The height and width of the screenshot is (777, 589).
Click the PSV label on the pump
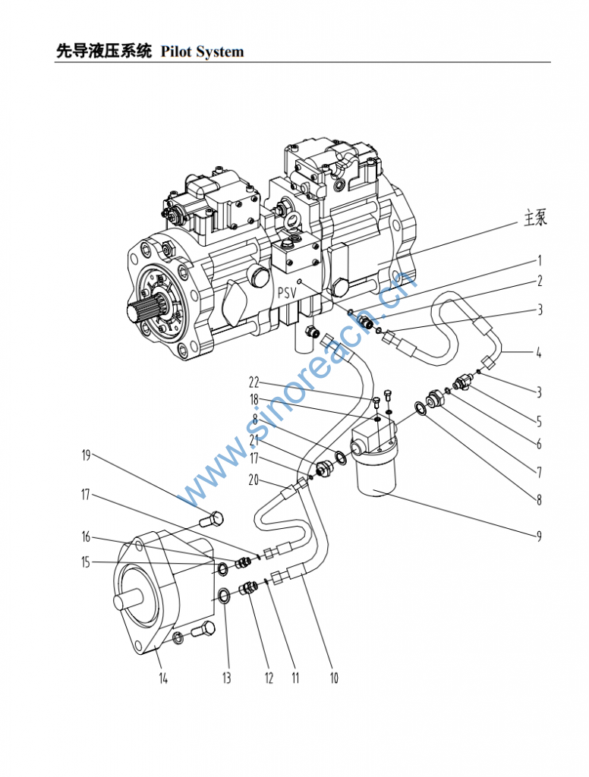click(287, 292)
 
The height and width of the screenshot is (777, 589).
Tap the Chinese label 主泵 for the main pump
click(535, 218)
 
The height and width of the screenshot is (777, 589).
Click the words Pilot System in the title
click(202, 52)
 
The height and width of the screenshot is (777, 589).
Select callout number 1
click(540, 261)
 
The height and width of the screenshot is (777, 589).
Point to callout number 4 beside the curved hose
click(538, 353)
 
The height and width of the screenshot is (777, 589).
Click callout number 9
click(539, 536)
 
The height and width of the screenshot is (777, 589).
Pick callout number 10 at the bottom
click(334, 678)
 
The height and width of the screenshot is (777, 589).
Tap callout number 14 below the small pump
click(163, 678)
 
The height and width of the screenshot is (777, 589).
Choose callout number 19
click(87, 455)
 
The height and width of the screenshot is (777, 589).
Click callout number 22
click(254, 382)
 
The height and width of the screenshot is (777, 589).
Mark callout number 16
click(87, 536)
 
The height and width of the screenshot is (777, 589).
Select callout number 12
click(269, 678)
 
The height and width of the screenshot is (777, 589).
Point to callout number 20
click(254, 480)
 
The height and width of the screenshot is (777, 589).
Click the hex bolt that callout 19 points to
click(212, 519)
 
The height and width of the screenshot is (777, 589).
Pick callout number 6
click(539, 443)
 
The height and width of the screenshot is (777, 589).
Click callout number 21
click(254, 439)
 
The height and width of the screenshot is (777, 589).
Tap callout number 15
click(87, 562)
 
